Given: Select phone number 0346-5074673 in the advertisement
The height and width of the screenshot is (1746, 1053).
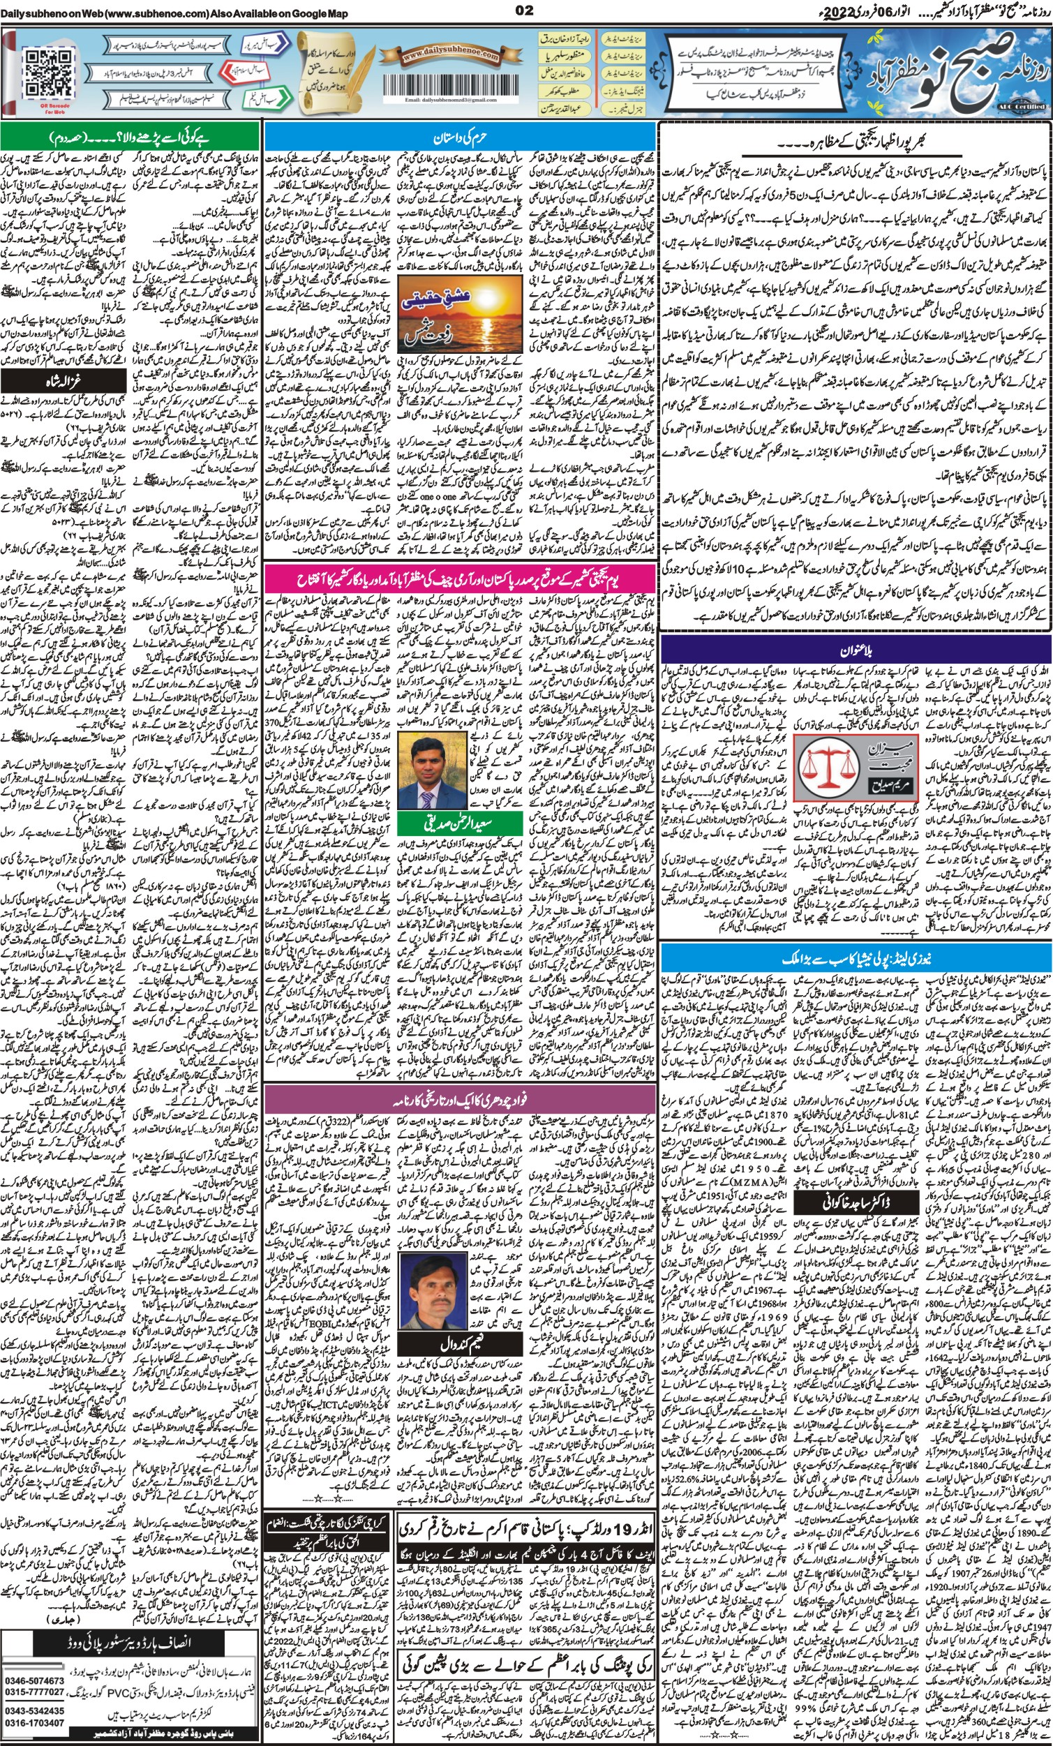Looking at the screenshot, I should (33, 1675).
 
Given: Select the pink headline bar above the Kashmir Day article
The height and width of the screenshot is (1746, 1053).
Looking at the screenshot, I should (459, 580).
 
